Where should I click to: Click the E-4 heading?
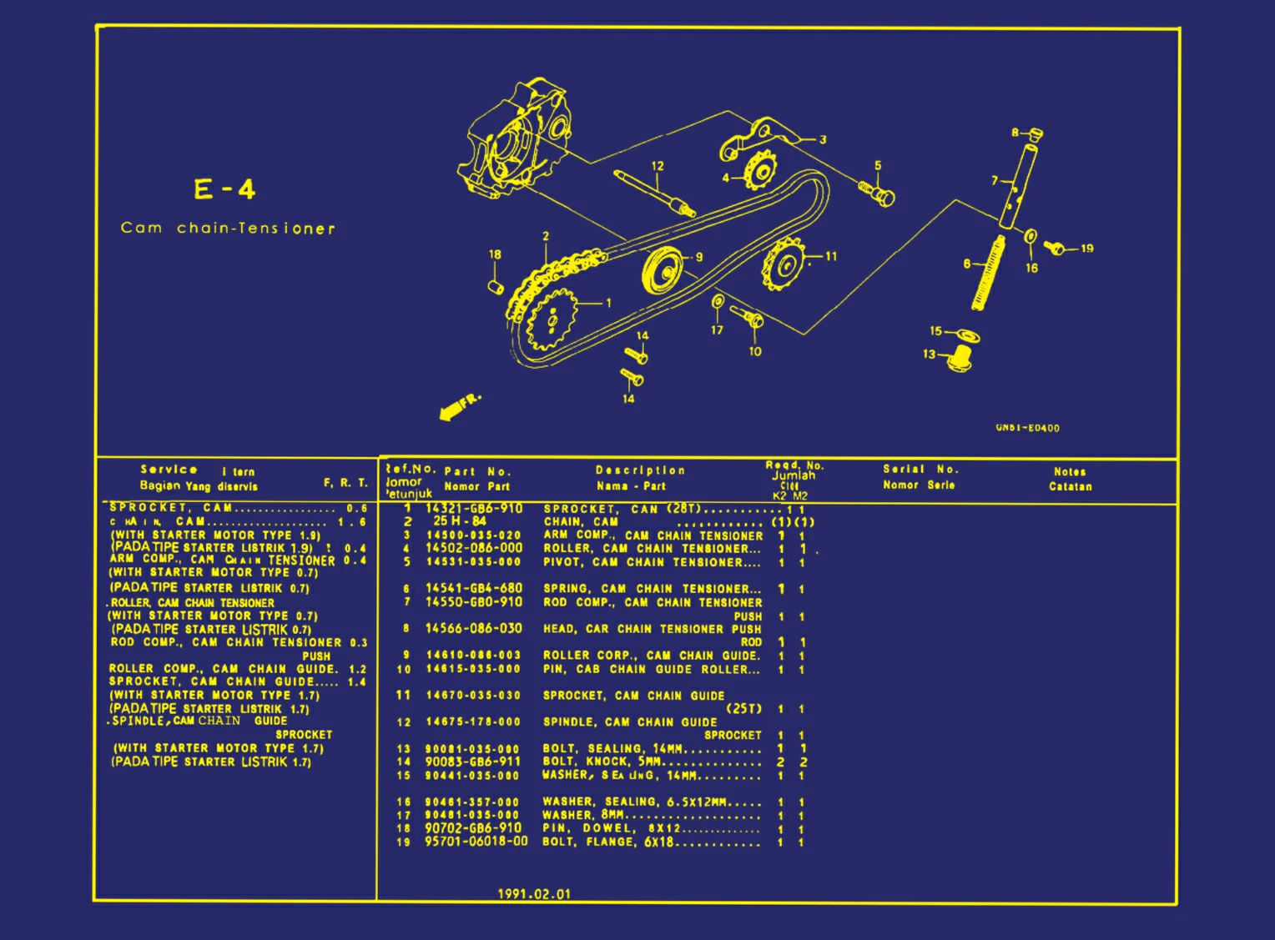coord(224,189)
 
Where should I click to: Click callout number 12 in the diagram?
coord(658,166)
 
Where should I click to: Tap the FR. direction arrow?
coord(458,406)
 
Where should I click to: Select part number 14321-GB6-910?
coord(474,509)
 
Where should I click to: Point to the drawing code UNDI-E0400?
coord(1027,428)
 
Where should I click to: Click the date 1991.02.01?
coord(534,894)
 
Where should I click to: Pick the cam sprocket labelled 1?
coord(551,319)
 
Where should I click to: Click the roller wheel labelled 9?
coord(663,269)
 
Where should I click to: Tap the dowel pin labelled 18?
coord(496,287)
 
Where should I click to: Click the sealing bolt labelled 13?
coord(961,359)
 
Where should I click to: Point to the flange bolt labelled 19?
coord(1056,247)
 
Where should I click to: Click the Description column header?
coord(640,470)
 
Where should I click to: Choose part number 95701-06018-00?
coord(476,842)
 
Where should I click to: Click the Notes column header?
coord(1070,472)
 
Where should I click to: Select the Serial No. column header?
coord(920,470)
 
